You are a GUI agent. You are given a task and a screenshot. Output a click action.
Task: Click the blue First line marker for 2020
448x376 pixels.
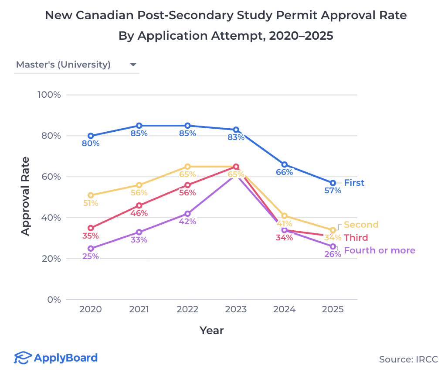[91, 136]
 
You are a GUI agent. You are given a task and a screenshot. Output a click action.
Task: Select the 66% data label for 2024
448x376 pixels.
[284, 172]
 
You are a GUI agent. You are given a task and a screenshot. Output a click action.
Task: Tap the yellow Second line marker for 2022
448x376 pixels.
[187, 167]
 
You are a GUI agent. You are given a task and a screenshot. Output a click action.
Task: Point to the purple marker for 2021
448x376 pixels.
[139, 232]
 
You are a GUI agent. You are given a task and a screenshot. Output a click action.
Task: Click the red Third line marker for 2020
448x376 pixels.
[91, 228]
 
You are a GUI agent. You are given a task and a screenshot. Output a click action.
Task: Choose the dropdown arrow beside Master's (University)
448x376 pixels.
[133, 65]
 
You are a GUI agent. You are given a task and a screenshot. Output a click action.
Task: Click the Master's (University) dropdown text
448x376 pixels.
[63, 65]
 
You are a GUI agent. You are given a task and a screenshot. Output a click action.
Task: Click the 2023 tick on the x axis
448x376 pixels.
[236, 309]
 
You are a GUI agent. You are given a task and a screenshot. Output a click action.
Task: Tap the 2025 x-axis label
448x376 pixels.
[333, 309]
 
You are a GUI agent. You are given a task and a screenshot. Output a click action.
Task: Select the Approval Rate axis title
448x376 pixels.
[26, 196]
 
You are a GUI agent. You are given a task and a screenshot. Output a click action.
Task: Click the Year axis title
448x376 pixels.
[212, 331]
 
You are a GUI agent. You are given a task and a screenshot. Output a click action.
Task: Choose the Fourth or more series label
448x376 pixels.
[379, 250]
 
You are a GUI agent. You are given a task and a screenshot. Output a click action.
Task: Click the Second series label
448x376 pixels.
[361, 225]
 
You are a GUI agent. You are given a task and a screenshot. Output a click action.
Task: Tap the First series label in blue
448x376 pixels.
[354, 183]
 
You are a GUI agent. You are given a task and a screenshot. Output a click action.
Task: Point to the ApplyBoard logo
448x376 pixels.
[56, 358]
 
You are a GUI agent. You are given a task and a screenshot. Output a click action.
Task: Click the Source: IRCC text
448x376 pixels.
[408, 359]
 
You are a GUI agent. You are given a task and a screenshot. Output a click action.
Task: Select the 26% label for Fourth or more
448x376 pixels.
[333, 254]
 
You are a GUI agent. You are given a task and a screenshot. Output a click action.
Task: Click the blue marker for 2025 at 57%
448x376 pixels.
[333, 183]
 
